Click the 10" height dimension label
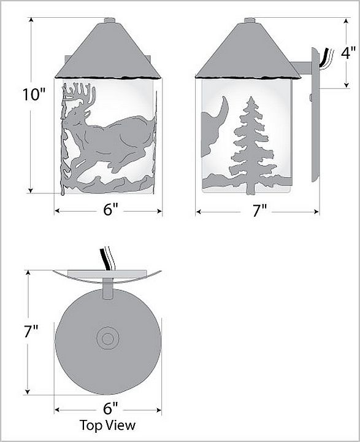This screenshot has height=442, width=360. click(34, 94)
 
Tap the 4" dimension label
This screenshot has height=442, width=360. click(348, 53)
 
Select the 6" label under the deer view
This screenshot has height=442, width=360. click(110, 209)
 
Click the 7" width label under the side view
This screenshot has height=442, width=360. click(259, 211)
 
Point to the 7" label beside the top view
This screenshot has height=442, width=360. click(31, 331)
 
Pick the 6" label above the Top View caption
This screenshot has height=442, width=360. click(110, 408)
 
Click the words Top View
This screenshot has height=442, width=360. click(107, 425)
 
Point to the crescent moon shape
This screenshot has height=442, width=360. click(224, 107)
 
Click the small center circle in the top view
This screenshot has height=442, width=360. click(107, 338)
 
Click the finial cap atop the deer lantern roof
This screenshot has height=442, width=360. click(110, 20)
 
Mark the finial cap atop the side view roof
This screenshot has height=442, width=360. click(250, 20)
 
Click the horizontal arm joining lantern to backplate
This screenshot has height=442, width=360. click(301, 68)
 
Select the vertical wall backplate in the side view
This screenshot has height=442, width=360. click(315, 115)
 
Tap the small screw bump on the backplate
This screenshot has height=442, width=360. click(311, 98)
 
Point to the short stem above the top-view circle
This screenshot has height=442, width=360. click(107, 289)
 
